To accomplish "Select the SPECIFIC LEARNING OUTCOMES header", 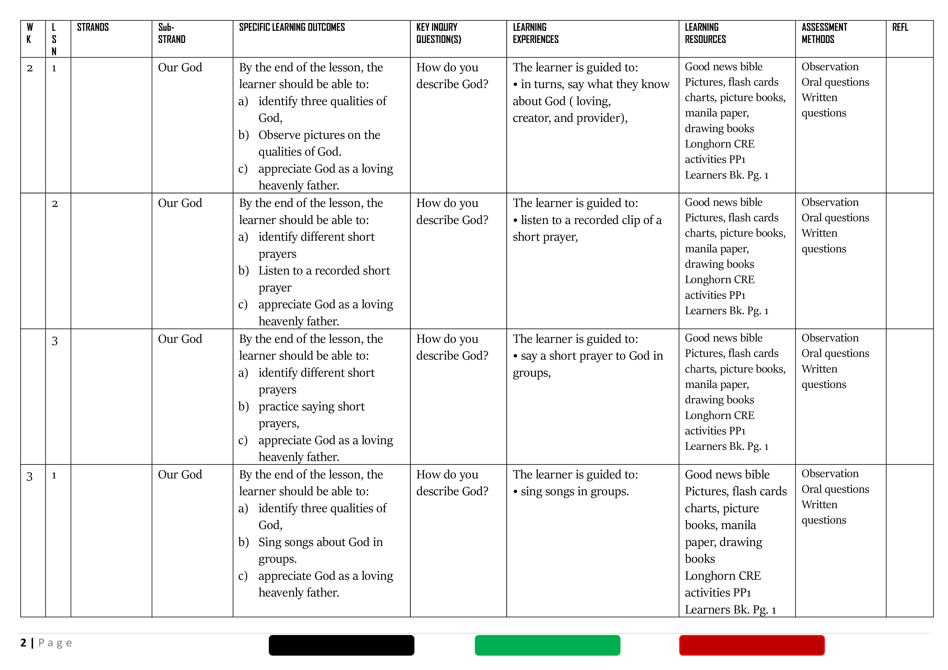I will [292, 28].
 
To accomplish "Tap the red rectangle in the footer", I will [752, 645].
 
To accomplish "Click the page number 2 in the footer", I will [24, 643].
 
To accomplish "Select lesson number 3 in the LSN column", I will [55, 341].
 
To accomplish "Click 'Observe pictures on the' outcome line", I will [319, 135].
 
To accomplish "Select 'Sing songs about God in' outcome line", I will [321, 542].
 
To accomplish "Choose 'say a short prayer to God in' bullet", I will [591, 356].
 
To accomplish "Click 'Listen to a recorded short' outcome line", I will [324, 271].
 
